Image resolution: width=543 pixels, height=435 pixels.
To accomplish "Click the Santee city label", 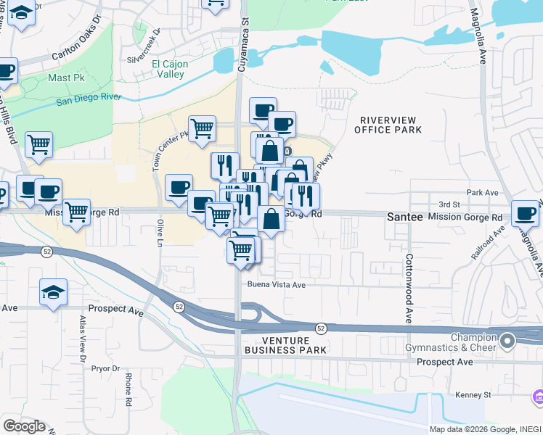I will (404, 217).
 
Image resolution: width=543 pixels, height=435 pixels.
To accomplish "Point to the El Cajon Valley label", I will (171, 70).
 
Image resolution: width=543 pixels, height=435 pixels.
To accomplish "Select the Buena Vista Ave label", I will (277, 285).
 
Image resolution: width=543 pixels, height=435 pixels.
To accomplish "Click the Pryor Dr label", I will (106, 368).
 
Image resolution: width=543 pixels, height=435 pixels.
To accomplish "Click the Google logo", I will (24, 426).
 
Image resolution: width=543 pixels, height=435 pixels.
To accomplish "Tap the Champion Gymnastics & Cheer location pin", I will (507, 339).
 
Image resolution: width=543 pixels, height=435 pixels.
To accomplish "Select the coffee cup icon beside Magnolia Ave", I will (525, 212).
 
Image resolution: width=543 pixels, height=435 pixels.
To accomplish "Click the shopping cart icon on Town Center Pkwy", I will (202, 128).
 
